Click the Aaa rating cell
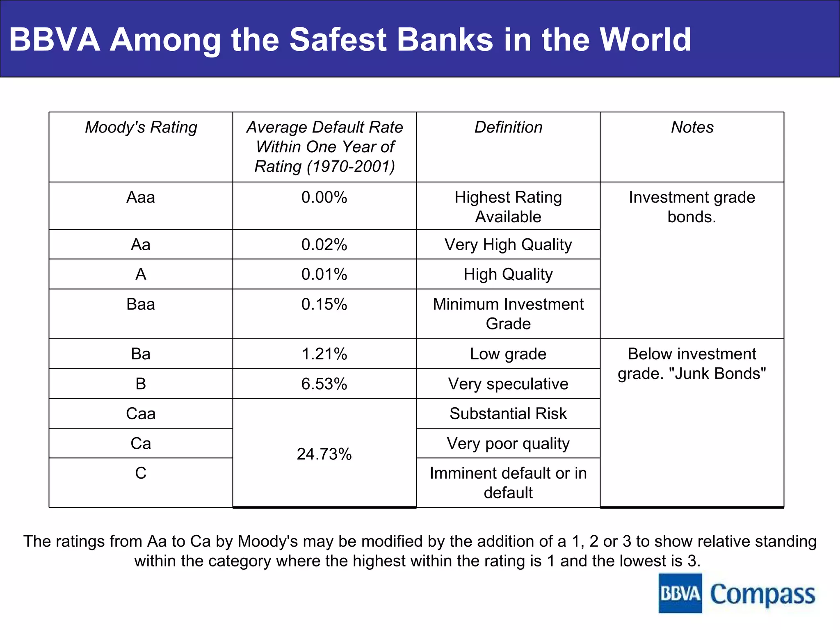tap(141, 198)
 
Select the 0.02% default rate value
tap(324, 245)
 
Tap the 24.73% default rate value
tap(324, 454)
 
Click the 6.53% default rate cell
tap(324, 384)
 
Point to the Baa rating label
tap(141, 304)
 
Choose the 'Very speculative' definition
tap(508, 384)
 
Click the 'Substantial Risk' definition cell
tap(508, 413)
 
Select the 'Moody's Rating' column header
tap(141, 128)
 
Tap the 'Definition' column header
tap(508, 128)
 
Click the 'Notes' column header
tap(692, 128)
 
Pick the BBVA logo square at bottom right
tap(680, 593)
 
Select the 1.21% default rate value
tap(324, 354)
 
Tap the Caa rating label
tap(141, 413)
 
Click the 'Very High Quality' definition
tap(508, 245)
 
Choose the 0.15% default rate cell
tap(324, 304)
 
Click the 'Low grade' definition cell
tap(508, 354)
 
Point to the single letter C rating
tap(141, 473)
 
